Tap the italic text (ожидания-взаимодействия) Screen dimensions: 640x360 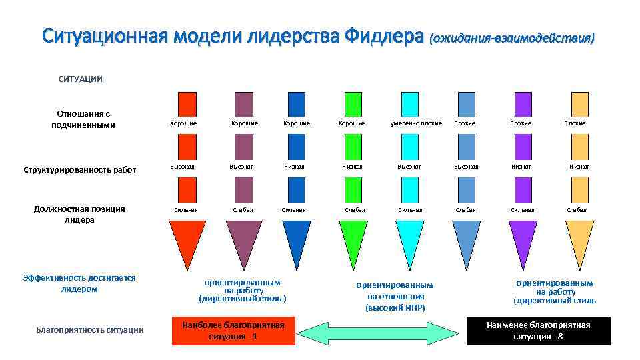511,38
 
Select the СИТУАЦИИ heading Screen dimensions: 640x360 81,79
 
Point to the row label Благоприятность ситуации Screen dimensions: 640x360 90,330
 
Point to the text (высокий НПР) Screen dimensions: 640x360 395,307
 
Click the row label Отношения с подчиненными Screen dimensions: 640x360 83,119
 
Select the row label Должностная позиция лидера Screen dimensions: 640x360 79,214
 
